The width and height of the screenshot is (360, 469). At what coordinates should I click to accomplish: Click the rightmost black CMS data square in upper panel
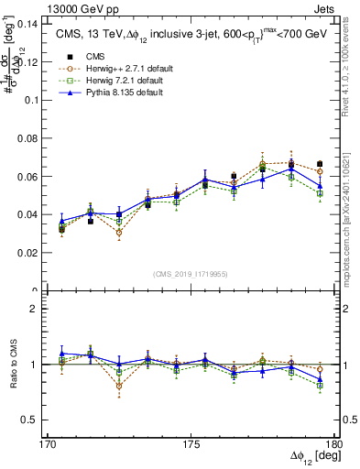coord(319,164)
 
